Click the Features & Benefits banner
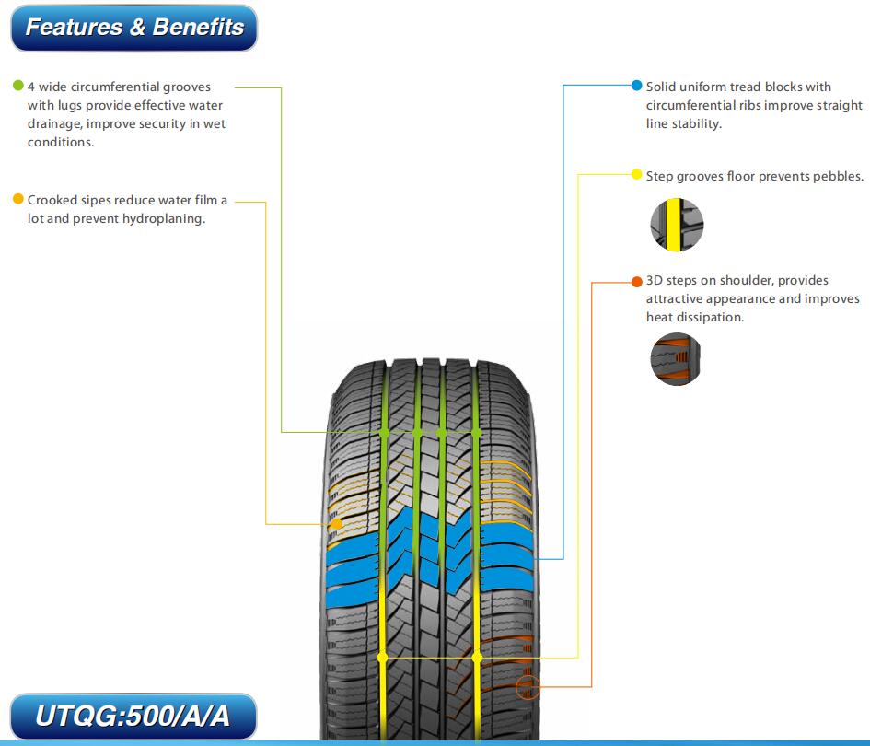point(134,28)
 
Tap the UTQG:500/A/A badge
point(133,716)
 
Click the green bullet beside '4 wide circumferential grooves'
point(18,86)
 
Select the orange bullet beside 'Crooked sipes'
point(18,199)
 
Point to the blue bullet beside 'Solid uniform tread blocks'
point(637,86)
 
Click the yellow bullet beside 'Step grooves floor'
point(637,174)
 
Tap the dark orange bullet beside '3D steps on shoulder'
point(637,282)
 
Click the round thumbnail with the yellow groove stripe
point(677,225)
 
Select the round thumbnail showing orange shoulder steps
point(676,359)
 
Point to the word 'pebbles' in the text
point(837,176)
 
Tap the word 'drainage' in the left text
point(53,123)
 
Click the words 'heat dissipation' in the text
point(695,317)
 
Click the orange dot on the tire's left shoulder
point(336,524)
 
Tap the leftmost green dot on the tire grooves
point(384,432)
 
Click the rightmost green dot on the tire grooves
point(476,432)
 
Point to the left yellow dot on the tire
point(382,658)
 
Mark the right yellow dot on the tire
point(477,658)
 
